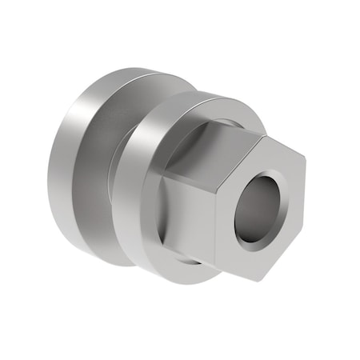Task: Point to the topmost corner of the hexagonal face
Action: click(264, 134)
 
